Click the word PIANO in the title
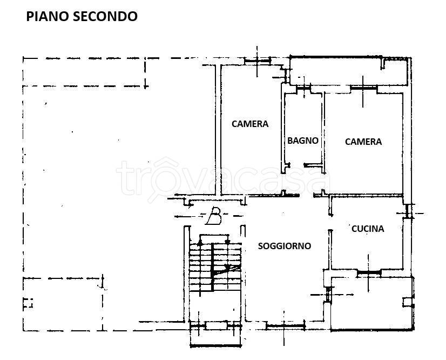point(45,16)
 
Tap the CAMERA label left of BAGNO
point(250,124)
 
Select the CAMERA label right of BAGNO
point(363,142)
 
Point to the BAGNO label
point(303,141)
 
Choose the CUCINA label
point(368,229)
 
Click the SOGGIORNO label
point(285,246)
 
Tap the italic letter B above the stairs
point(214,217)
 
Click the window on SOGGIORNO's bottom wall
point(287,325)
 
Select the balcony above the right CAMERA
point(348,71)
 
